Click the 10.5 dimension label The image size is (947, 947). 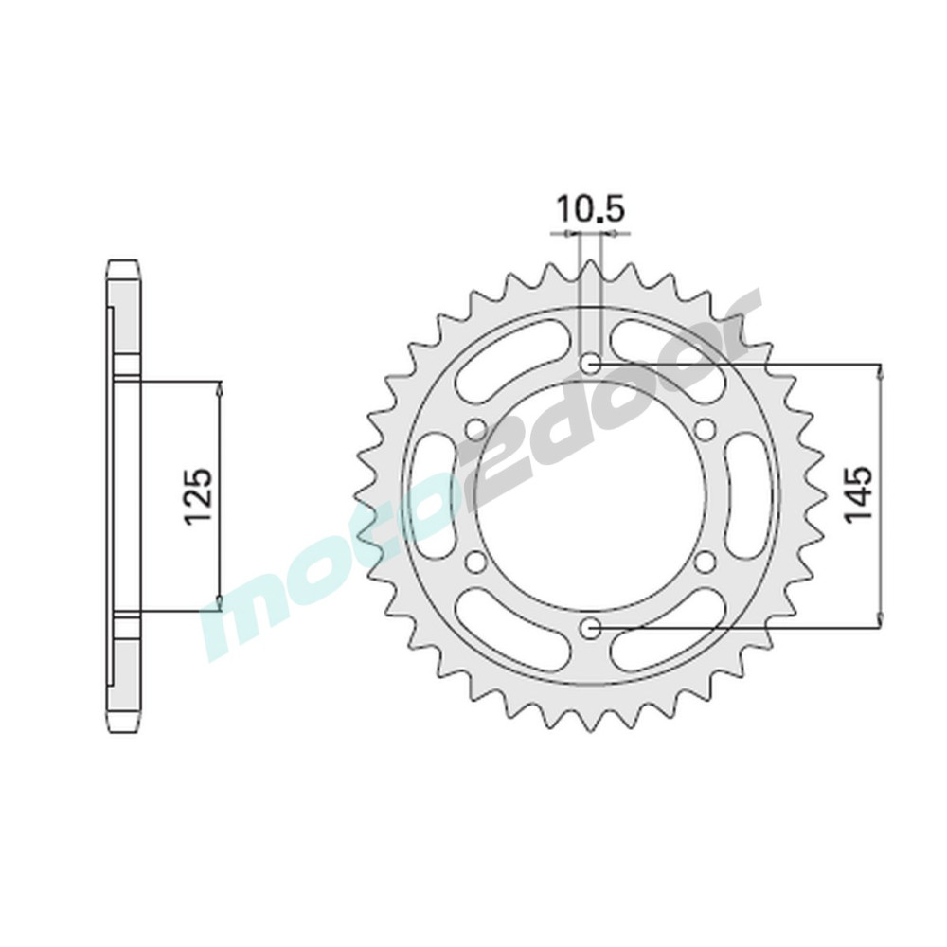coord(589,211)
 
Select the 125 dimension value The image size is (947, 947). coord(199,495)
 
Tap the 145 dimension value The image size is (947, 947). coord(859,493)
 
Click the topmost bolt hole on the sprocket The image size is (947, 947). coord(590,363)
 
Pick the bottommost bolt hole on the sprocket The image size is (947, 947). coord(590,628)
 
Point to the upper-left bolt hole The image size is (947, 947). coord(476,429)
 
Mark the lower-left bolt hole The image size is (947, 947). coord(476,561)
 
